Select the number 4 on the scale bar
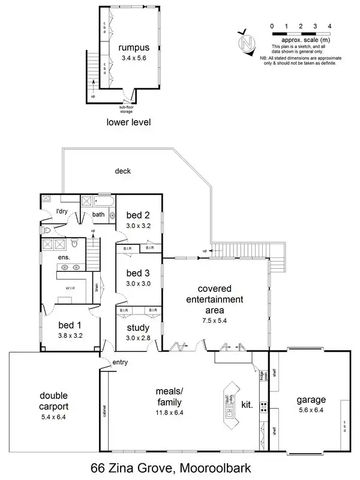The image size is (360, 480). click(329, 26)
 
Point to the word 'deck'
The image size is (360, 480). click(122, 171)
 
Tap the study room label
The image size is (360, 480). click(138, 328)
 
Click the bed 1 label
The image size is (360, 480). click(70, 325)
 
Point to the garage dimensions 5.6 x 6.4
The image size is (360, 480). click(310, 412)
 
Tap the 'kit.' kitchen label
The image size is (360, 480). click(247, 406)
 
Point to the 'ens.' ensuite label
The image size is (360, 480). click(64, 257)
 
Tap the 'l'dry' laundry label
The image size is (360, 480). click(61, 212)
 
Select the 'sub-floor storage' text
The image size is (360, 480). click(125, 109)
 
